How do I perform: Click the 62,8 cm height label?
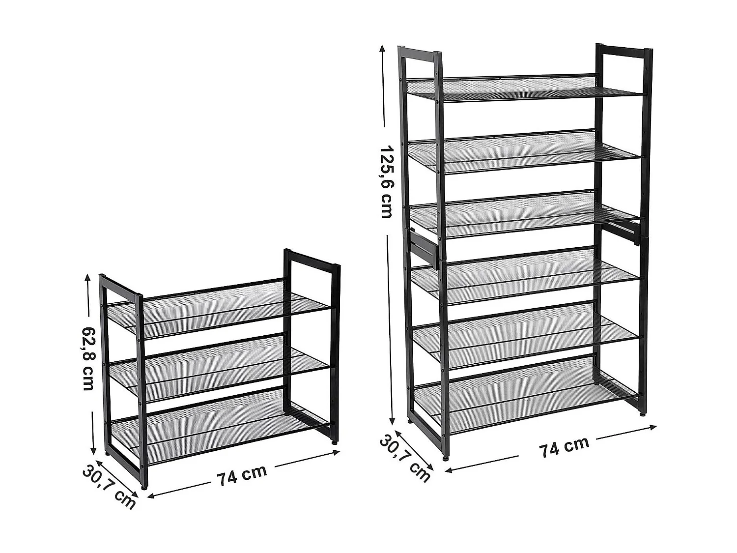click(x=87, y=358)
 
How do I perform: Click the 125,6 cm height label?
click(x=386, y=182)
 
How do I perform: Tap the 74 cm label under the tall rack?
click(x=565, y=446)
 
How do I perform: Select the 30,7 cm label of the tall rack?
click(x=404, y=458)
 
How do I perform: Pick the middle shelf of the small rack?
click(x=218, y=368)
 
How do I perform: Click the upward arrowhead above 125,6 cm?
click(x=381, y=49)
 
